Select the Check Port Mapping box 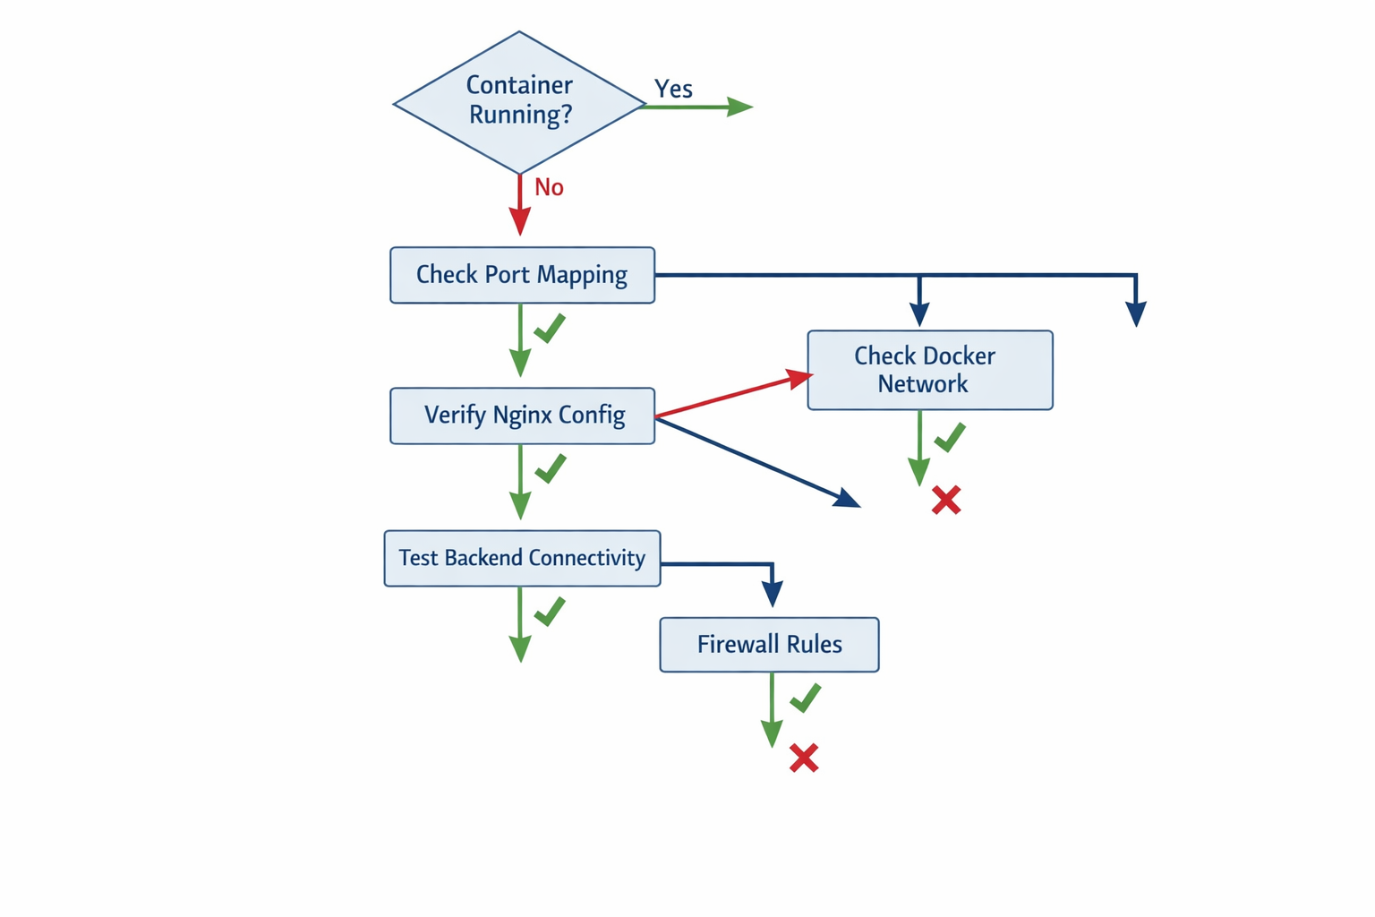(x=522, y=275)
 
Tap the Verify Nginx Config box (x=522, y=416)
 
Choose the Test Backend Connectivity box (x=522, y=558)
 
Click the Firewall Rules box (x=769, y=644)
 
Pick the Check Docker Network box (x=929, y=370)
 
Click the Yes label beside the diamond (x=673, y=89)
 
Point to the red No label (x=549, y=187)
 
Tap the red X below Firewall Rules (x=804, y=758)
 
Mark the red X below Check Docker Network (x=946, y=500)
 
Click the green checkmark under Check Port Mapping (x=550, y=328)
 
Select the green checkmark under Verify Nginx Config (x=550, y=468)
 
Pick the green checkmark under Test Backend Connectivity (x=550, y=612)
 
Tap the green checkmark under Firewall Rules (x=806, y=698)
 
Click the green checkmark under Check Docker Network (x=950, y=437)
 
